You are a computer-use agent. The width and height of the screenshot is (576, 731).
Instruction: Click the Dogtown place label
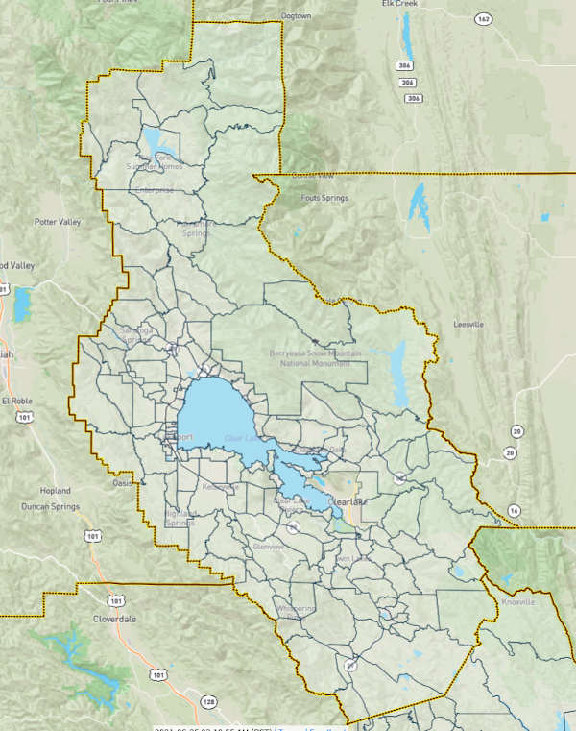(x=298, y=16)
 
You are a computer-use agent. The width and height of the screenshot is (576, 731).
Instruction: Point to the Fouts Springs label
(x=324, y=198)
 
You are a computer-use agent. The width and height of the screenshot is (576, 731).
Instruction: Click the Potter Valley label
(x=58, y=222)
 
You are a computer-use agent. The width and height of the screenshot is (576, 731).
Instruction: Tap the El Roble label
(x=17, y=400)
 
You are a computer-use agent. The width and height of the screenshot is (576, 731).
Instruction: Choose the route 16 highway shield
(x=516, y=510)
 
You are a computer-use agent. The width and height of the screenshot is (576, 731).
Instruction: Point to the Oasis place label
(x=122, y=483)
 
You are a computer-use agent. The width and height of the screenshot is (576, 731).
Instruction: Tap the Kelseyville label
(x=221, y=486)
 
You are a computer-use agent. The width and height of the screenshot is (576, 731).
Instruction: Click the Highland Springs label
(x=180, y=519)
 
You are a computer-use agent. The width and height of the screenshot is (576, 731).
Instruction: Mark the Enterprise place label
(x=154, y=190)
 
